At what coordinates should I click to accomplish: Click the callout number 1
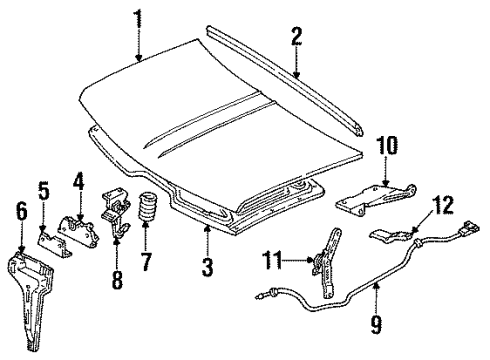point(138,17)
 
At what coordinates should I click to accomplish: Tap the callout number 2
point(296,38)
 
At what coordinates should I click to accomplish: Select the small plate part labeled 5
point(50,235)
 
